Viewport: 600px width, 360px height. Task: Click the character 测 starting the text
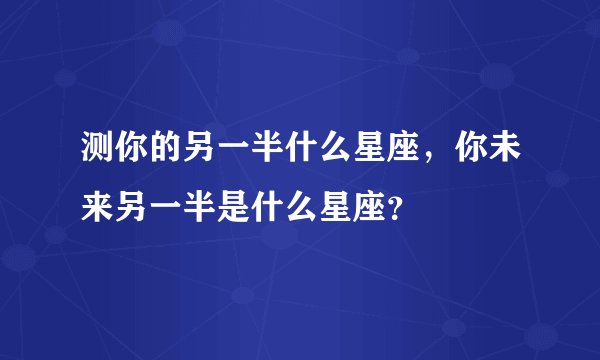point(96,158)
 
